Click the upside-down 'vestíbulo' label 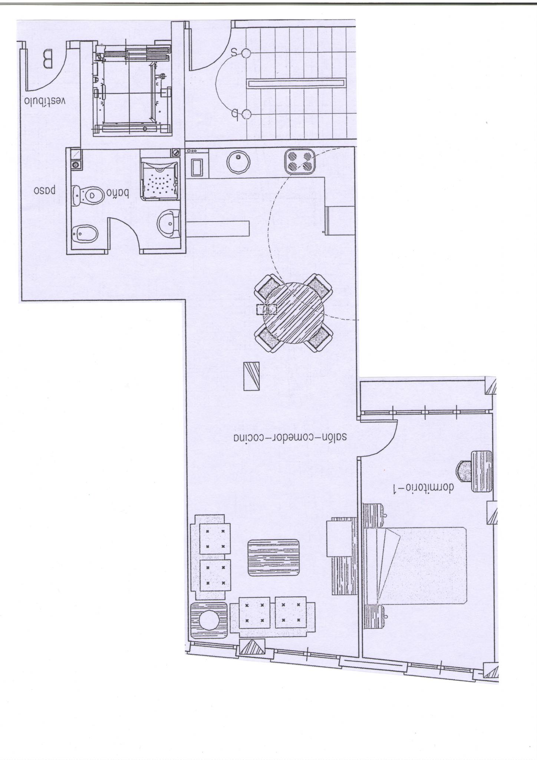click(x=45, y=101)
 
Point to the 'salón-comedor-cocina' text click(x=290, y=437)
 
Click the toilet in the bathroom click(x=88, y=194)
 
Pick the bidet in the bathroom click(x=85, y=234)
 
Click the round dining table click(x=294, y=313)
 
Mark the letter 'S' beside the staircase click(x=234, y=52)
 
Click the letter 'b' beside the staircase click(x=234, y=113)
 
